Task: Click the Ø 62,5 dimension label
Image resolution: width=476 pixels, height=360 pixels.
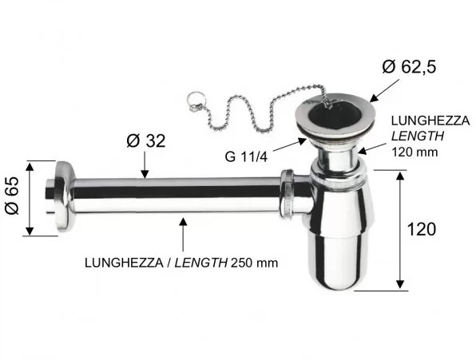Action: point(409,67)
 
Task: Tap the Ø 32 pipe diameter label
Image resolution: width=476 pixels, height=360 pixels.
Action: point(146,140)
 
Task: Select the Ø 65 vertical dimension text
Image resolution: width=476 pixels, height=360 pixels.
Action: point(12,196)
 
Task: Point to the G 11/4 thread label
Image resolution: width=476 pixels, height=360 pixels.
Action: point(246,156)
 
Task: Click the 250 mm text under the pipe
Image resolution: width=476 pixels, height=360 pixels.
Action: point(255,263)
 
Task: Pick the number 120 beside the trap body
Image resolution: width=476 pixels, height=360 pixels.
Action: point(422,229)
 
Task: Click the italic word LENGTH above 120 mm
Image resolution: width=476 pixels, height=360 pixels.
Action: point(418,136)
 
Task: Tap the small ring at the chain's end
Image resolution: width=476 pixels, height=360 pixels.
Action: point(192,98)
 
